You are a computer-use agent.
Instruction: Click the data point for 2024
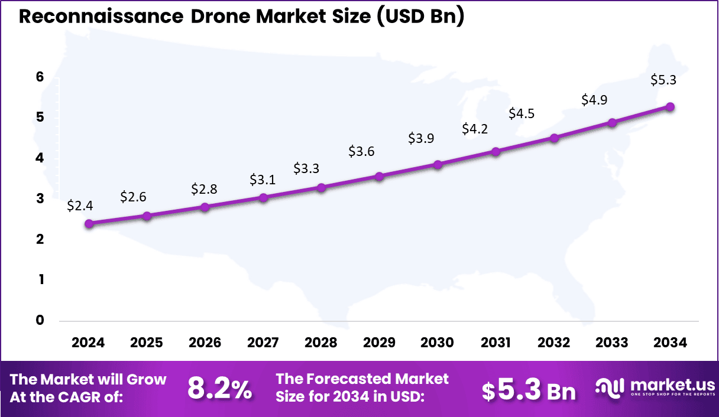(x=89, y=223)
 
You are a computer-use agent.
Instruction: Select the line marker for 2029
(x=380, y=176)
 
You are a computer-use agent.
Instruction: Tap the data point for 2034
(x=671, y=106)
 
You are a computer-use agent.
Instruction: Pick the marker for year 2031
(x=496, y=151)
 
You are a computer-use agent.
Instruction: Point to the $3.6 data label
(x=361, y=151)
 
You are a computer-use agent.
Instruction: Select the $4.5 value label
(x=522, y=113)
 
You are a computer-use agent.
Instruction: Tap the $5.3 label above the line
(x=663, y=79)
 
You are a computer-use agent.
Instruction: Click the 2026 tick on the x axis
(x=205, y=343)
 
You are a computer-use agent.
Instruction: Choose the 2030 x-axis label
(x=438, y=343)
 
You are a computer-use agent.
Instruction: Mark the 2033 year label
(x=612, y=343)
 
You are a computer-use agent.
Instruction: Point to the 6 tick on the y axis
(x=40, y=77)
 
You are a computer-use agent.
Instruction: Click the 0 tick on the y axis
(x=40, y=320)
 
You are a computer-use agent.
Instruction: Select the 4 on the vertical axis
(x=40, y=158)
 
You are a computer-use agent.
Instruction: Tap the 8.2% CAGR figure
(x=219, y=389)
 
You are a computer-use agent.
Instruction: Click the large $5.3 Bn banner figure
(x=528, y=390)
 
